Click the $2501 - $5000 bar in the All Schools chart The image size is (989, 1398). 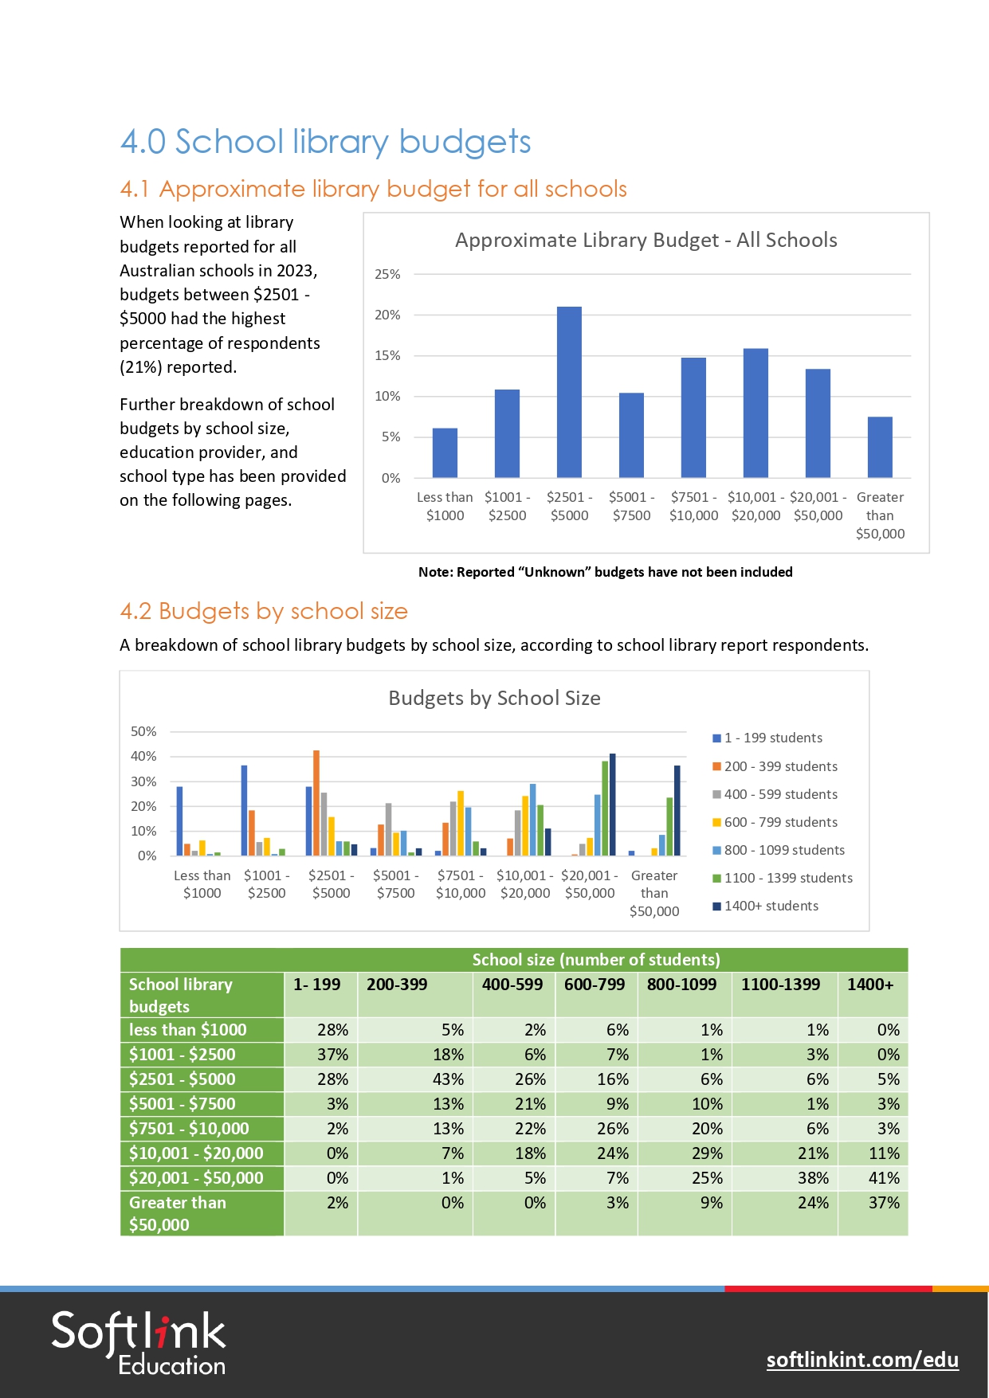569,392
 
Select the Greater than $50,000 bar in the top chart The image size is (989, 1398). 880,447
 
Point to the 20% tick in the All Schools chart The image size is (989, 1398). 387,315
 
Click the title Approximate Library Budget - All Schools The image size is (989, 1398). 646,240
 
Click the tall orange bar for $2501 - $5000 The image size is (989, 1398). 316,803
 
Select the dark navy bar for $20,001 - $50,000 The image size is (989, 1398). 612,805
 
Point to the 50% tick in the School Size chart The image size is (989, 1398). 143,731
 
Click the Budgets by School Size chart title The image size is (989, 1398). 494,698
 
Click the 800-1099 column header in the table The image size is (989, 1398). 681,985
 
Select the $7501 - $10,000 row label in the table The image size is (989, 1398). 189,1128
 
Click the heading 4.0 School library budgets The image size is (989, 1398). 325,142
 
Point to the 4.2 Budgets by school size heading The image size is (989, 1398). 263,611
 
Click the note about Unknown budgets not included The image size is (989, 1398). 605,572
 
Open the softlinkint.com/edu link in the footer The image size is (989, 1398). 862,1359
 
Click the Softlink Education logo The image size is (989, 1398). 139,1343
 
